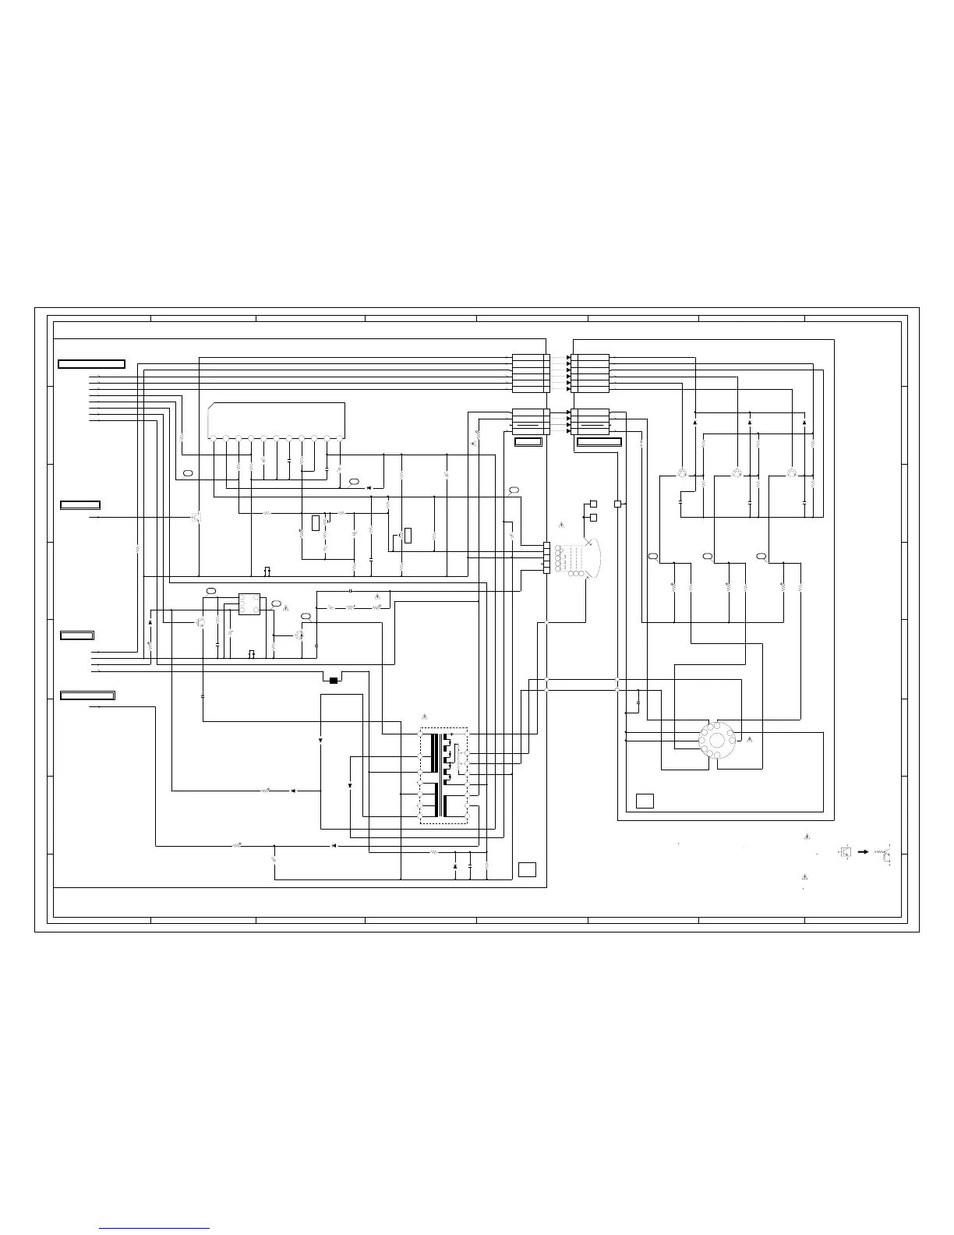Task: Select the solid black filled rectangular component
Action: pyautogui.click(x=334, y=681)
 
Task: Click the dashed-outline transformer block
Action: pyautogui.click(x=443, y=776)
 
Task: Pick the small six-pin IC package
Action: pyautogui.click(x=249, y=604)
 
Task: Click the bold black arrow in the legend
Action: pyautogui.click(x=864, y=852)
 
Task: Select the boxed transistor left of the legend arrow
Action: pyautogui.click(x=846, y=852)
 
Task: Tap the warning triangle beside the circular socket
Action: pyautogui.click(x=749, y=738)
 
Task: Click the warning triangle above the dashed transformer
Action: pyautogui.click(x=424, y=716)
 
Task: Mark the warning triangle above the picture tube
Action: pyautogui.click(x=561, y=522)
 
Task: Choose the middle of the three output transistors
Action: pyautogui.click(x=737, y=474)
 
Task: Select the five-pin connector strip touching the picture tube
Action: pyautogui.click(x=546, y=557)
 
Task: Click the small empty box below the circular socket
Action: pyautogui.click(x=645, y=801)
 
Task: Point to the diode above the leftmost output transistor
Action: pyautogui.click(x=694, y=422)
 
